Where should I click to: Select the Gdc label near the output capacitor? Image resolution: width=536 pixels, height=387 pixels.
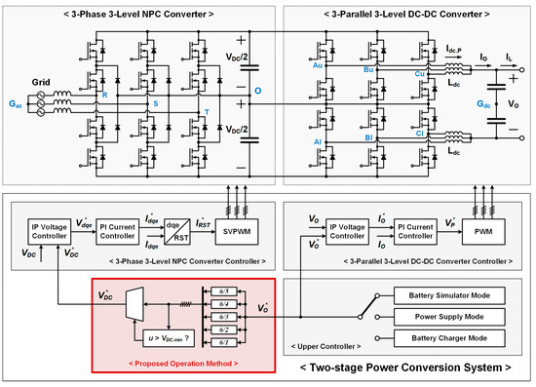(x=484, y=101)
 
